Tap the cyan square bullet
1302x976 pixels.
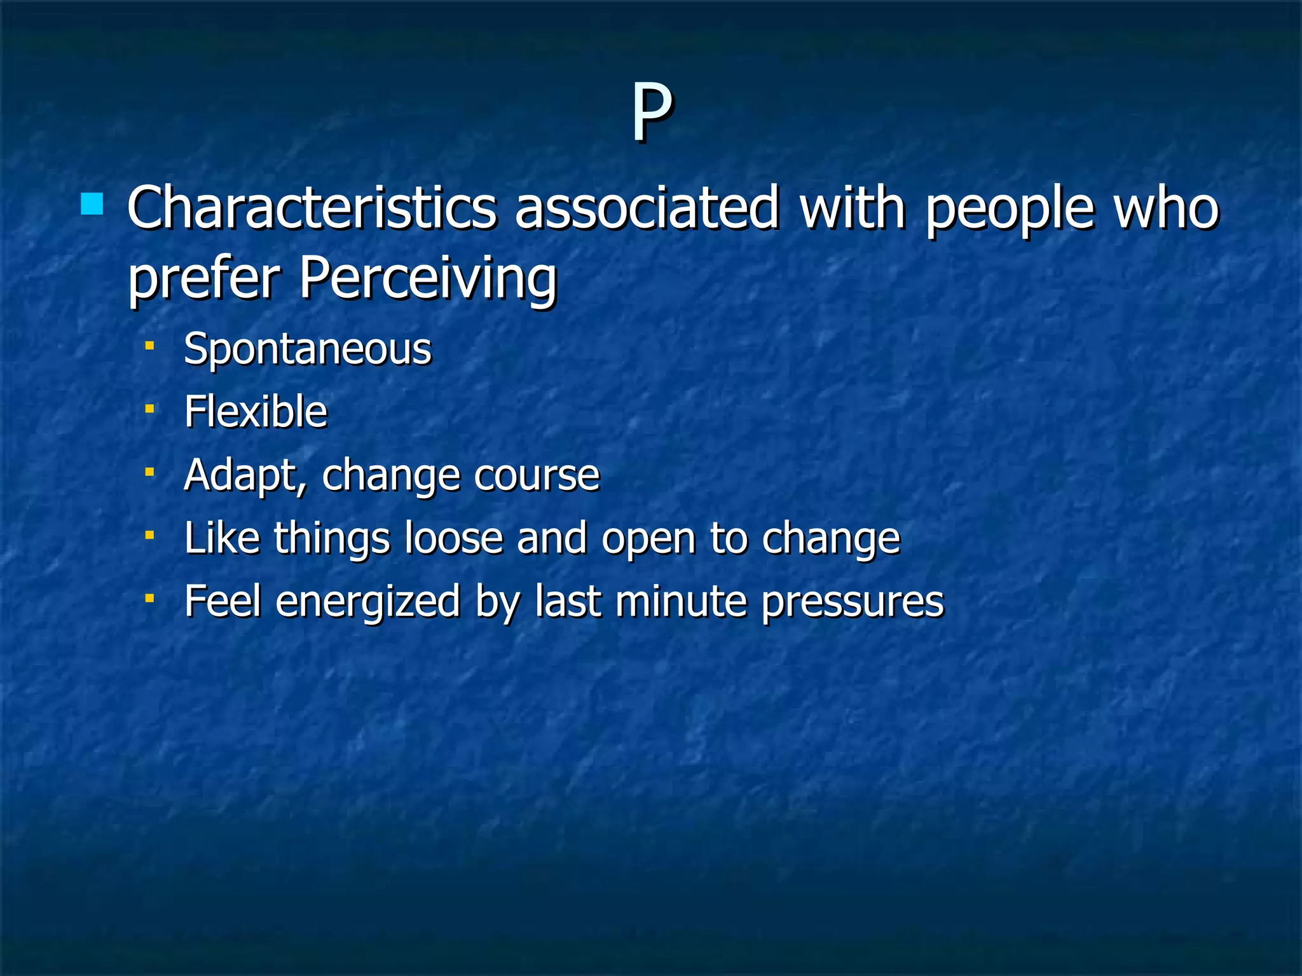coord(93,205)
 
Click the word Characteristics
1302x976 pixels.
coord(312,208)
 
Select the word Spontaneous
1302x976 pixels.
coord(308,349)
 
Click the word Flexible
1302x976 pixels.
coord(256,412)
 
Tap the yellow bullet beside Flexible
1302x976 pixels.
coord(150,409)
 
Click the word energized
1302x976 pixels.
coord(367,602)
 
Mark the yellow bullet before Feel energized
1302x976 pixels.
coord(150,598)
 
